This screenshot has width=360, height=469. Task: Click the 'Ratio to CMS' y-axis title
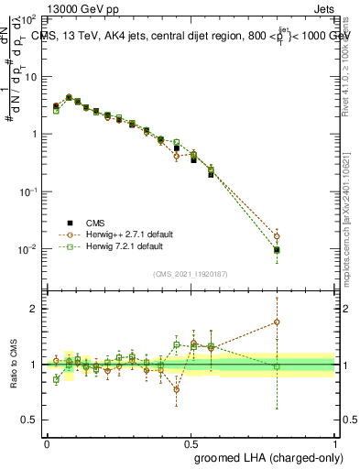tap(14, 364)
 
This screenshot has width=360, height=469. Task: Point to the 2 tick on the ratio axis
tap(34, 309)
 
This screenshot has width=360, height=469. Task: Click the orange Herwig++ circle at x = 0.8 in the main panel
tap(277, 236)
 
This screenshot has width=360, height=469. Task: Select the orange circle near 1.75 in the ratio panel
tap(277, 322)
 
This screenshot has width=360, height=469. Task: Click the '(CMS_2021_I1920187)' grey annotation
tap(191, 272)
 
